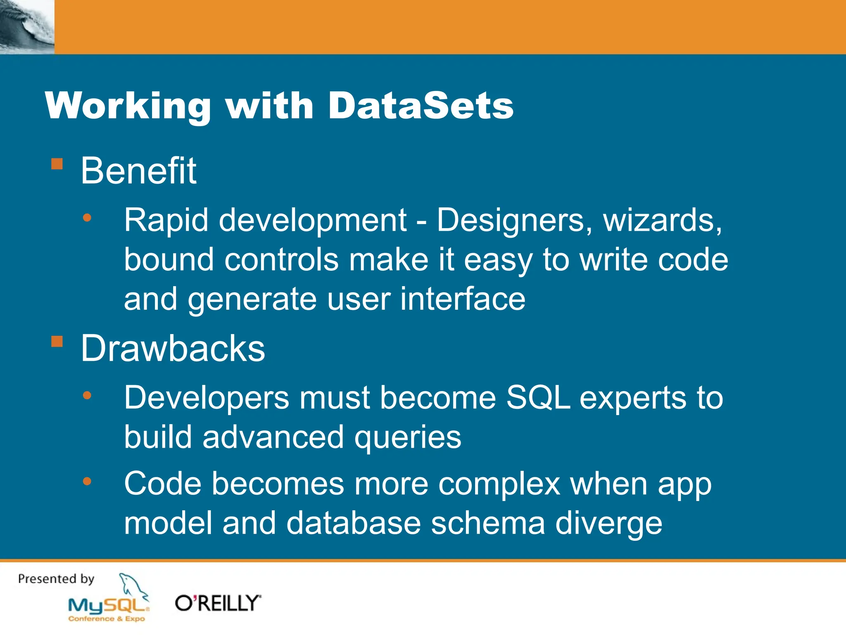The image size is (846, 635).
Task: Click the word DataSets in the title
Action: click(421, 106)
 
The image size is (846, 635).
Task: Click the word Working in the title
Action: click(128, 106)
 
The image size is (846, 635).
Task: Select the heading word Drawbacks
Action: click(173, 349)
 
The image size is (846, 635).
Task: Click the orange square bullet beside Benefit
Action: click(57, 164)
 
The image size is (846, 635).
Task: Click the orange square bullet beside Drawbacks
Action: click(57, 342)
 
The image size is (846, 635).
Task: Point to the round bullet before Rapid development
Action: click(87, 217)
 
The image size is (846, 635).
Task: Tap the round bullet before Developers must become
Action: click(87, 396)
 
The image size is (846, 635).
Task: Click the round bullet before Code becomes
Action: click(87, 481)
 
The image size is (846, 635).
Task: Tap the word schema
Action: click(488, 523)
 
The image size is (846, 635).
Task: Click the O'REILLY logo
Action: click(218, 603)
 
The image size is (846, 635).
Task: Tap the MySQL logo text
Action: click(108, 606)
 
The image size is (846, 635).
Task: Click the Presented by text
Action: click(56, 579)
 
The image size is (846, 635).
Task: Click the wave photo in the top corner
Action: click(27, 27)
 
